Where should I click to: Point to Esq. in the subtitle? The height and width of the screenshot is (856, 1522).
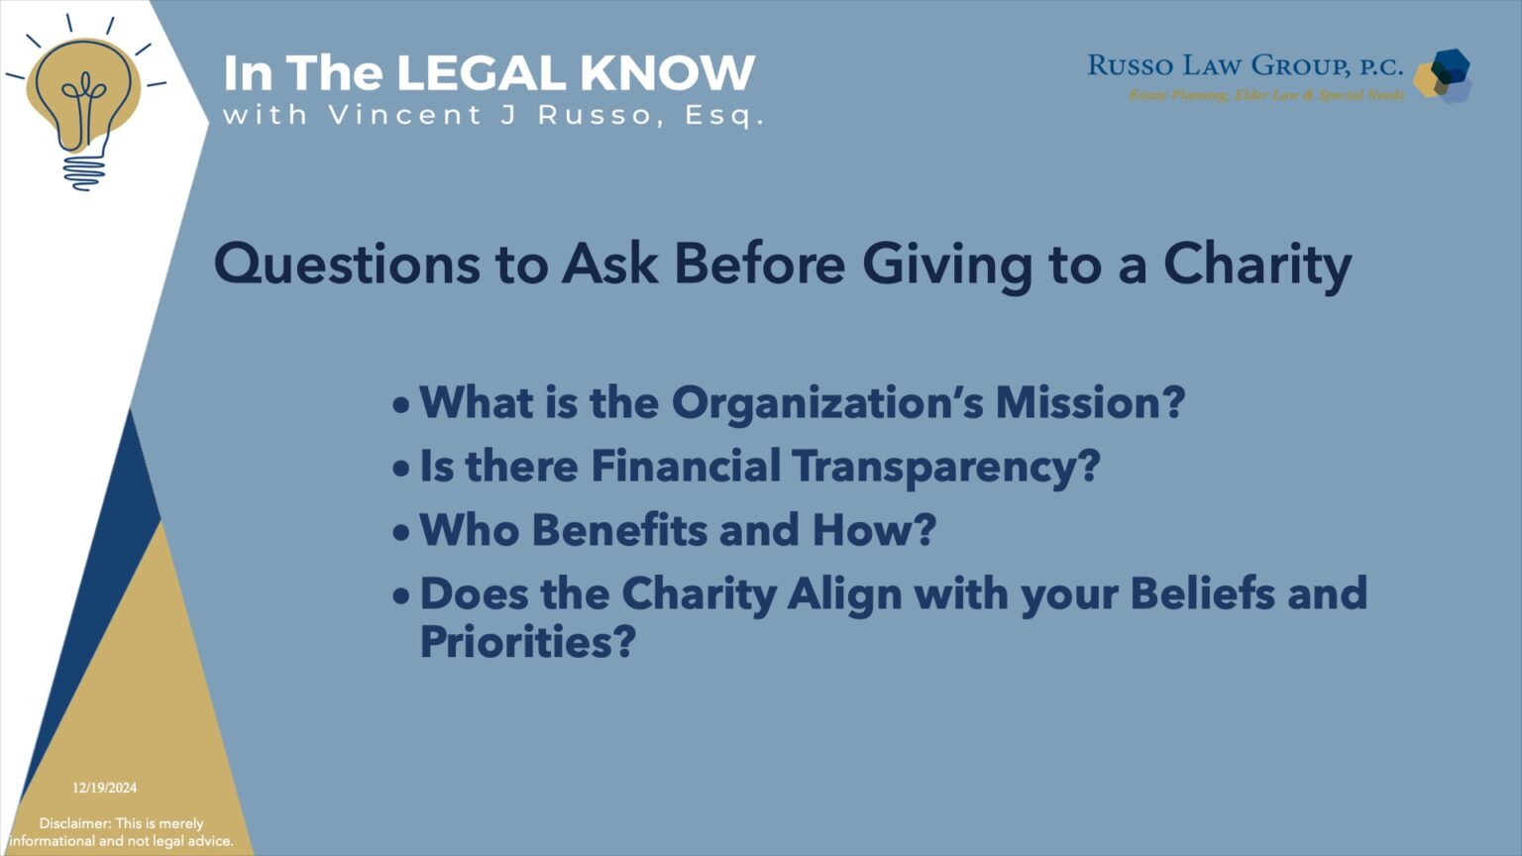[x=724, y=116]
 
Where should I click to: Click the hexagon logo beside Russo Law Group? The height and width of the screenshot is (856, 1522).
[x=1444, y=75]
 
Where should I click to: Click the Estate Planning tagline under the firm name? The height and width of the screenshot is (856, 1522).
[x=1266, y=95]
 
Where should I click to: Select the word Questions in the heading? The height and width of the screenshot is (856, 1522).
[x=344, y=266]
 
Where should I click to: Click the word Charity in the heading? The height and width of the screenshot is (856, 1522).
[x=1256, y=266]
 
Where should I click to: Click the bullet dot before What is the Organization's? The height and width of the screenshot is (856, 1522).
[x=400, y=405]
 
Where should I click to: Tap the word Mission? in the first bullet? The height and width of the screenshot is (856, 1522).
[x=1090, y=403]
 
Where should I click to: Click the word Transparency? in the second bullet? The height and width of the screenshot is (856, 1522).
[x=946, y=467]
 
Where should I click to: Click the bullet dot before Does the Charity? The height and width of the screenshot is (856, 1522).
[x=400, y=596]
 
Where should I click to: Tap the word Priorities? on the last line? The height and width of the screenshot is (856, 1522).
[x=527, y=643]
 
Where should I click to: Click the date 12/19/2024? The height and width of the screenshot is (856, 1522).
[x=104, y=789]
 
